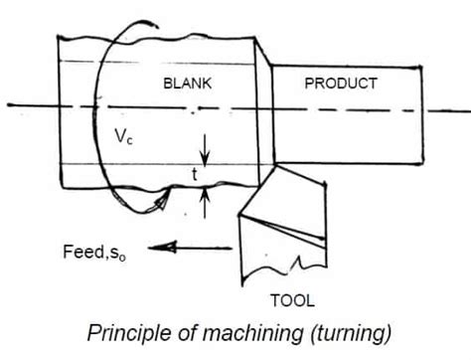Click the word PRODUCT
click(x=340, y=85)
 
